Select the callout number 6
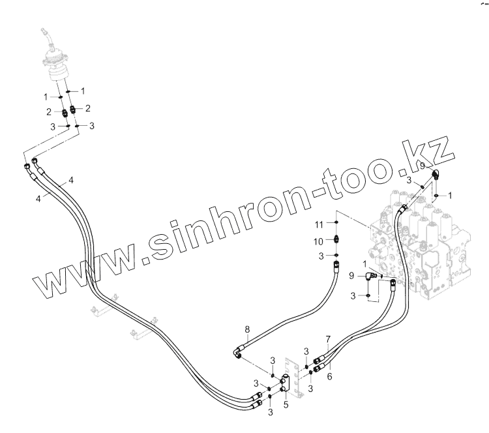point(329,377)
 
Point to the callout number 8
point(246,329)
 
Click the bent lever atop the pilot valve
point(46,33)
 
